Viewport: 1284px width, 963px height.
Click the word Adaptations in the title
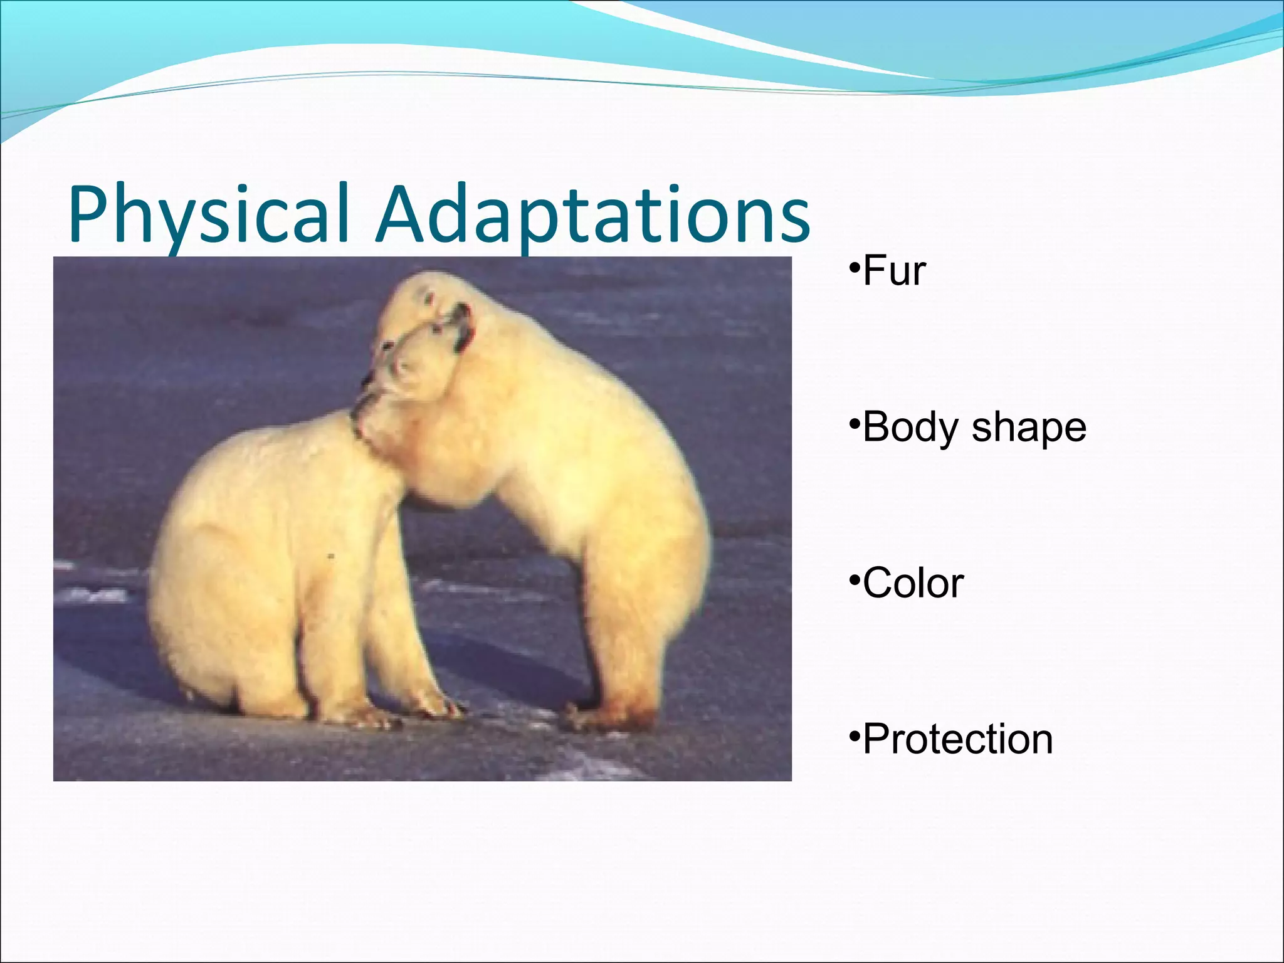pos(592,214)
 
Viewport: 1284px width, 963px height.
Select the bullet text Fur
pos(894,271)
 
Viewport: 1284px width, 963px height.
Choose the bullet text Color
pos(913,583)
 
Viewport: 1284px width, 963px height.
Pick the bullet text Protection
pos(957,739)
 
